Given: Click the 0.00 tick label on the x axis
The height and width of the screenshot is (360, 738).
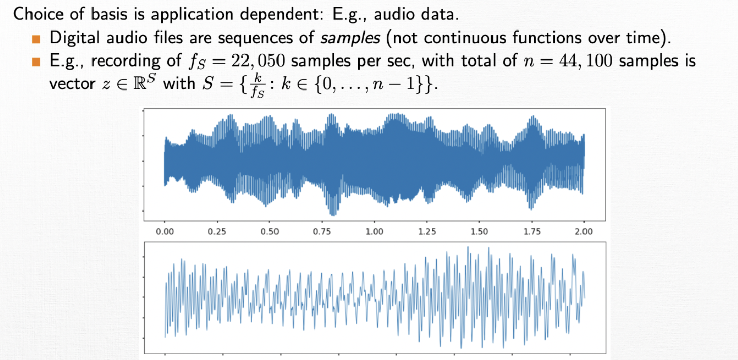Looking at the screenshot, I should point(164,232).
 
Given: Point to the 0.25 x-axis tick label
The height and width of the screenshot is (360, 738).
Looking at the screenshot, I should point(217,232).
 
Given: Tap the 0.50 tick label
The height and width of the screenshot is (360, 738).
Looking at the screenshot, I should point(269,232).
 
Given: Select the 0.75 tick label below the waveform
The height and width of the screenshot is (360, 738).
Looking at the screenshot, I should point(322,232).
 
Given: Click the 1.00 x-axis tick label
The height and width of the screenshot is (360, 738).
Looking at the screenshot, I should point(374,232).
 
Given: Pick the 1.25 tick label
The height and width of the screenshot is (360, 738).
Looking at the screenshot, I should point(427,232).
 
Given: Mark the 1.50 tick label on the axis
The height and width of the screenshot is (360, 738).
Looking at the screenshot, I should point(479,232).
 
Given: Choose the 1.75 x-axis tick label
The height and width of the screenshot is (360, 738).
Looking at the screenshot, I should point(532,232).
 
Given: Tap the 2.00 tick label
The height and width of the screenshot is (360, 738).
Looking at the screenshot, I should point(584,232).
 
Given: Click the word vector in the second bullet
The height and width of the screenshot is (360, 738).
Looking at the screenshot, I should point(71,84).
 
